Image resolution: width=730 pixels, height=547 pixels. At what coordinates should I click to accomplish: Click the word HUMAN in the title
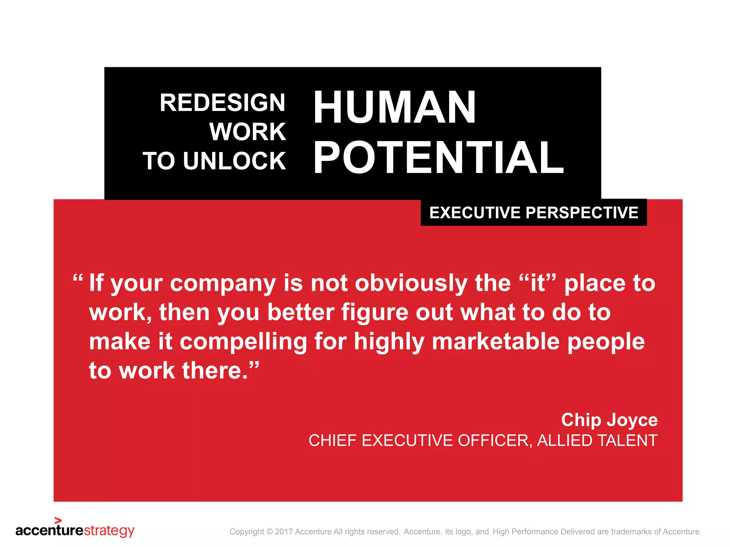395,107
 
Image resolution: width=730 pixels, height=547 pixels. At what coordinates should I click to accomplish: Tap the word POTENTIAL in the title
438,158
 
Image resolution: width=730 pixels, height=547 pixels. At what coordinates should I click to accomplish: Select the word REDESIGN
222,103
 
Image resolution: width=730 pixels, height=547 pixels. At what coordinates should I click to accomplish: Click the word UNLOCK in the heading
234,161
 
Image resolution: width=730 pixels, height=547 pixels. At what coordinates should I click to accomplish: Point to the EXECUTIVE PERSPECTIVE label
534,213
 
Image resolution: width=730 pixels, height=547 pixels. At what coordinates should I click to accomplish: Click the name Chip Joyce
609,420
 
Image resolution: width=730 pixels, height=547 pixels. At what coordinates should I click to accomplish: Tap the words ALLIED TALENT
597,441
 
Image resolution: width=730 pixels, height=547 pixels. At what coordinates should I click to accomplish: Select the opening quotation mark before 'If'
78,278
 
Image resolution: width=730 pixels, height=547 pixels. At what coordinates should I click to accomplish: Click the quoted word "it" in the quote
538,283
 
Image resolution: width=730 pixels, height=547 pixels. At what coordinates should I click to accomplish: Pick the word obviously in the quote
411,283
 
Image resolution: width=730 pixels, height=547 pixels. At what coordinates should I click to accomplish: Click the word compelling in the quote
243,342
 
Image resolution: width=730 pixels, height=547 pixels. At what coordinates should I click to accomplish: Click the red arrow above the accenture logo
58,520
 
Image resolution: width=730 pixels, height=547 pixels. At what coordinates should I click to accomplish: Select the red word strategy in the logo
109,531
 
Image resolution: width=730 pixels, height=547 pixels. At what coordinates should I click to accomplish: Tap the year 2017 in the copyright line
284,532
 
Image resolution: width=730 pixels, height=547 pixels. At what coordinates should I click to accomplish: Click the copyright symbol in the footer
269,532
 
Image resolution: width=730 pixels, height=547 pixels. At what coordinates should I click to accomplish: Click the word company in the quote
223,284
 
